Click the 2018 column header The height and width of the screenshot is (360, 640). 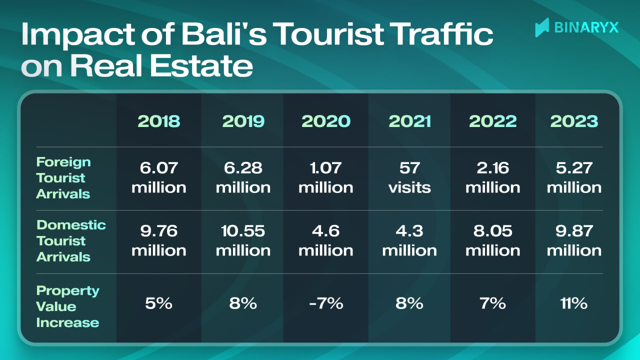pos(159,121)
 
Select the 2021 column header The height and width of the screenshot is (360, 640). pos(409,121)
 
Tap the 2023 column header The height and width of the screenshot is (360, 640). pos(574,121)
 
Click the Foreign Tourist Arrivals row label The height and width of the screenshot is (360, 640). pos(63,178)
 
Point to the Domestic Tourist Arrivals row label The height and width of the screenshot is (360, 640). pos(71,241)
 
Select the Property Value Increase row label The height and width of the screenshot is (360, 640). pos(68,306)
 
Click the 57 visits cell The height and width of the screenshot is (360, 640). pos(409,178)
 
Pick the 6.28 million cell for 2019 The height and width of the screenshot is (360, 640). pos(243,178)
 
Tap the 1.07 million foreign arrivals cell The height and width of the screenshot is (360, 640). pos(325,178)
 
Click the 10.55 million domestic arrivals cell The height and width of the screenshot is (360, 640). pos(243,241)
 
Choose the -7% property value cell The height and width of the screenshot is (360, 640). pos(325,303)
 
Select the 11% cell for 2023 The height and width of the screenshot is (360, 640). pos(574,303)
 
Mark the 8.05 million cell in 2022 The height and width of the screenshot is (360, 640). pos(492,241)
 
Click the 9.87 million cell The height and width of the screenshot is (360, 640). pos(574,241)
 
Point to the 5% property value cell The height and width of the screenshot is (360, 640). pos(159,303)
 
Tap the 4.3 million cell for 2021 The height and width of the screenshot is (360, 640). pos(409,241)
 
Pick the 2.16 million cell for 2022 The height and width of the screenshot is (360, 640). pos(492,178)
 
